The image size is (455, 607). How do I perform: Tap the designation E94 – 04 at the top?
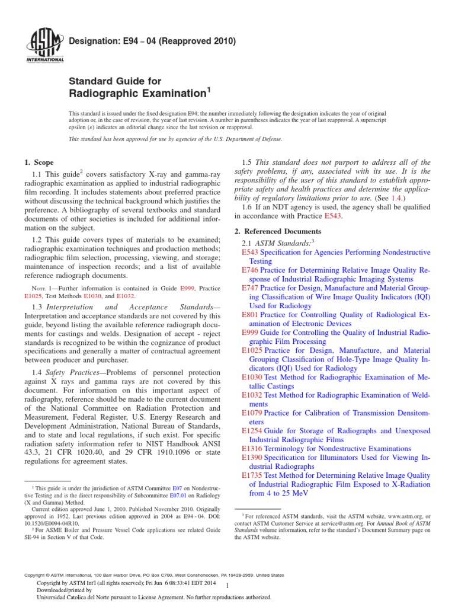click(x=153, y=41)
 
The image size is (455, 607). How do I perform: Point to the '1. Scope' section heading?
click(x=39, y=162)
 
